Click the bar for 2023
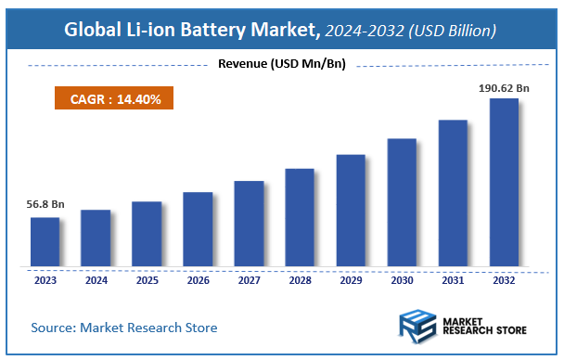tap(45, 242)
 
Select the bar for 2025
tap(147, 234)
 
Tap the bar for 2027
tap(249, 224)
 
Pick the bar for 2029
tap(351, 211)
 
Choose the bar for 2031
tap(453, 193)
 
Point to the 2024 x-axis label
tap(96, 278)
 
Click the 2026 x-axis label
tap(198, 278)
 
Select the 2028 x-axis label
tap(300, 278)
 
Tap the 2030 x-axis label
tap(402, 278)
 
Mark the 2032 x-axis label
tap(504, 278)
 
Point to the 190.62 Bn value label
tap(503, 86)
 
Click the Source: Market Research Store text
tap(124, 328)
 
